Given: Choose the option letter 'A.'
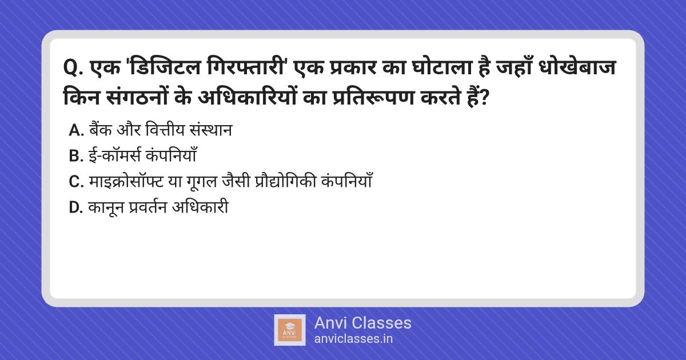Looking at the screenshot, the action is [76, 131].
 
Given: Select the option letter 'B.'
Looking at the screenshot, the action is [76, 156].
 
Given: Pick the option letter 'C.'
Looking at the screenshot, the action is [76, 182].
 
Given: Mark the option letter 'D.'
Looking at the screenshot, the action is [76, 207].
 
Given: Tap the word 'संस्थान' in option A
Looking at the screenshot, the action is [211, 130].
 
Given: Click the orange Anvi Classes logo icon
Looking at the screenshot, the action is [289, 330].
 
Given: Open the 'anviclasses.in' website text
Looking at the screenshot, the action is [353, 339].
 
